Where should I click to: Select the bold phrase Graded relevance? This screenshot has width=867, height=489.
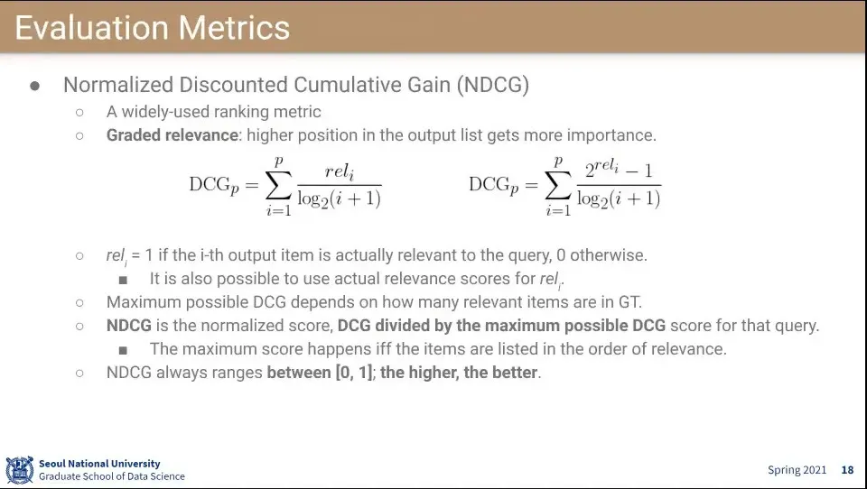coord(172,135)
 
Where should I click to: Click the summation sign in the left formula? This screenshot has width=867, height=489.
coord(278,186)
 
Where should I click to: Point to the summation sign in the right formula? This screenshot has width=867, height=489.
coord(558,186)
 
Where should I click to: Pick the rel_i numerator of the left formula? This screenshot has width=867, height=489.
coord(340,171)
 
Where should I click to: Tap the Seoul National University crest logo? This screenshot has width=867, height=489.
coord(20,470)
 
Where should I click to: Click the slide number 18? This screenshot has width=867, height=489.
coord(847,470)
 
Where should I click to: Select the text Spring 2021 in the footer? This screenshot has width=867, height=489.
coord(797,470)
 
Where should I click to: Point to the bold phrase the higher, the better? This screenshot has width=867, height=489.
coord(459,373)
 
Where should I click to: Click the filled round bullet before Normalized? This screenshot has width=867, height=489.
coord(35,86)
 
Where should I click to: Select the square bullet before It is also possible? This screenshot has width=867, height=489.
coord(123,281)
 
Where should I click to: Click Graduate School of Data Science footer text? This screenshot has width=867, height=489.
coord(112,476)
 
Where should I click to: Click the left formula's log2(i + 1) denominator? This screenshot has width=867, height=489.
coord(340,198)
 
